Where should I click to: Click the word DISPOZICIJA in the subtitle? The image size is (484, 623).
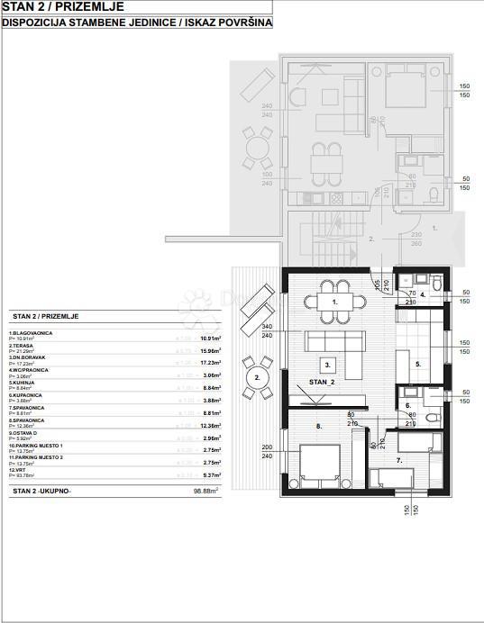33,24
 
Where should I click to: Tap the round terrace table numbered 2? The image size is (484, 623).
257,377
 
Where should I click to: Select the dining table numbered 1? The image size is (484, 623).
335,302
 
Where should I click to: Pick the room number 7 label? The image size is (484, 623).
398,460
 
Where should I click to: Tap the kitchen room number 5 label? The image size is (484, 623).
417,365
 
